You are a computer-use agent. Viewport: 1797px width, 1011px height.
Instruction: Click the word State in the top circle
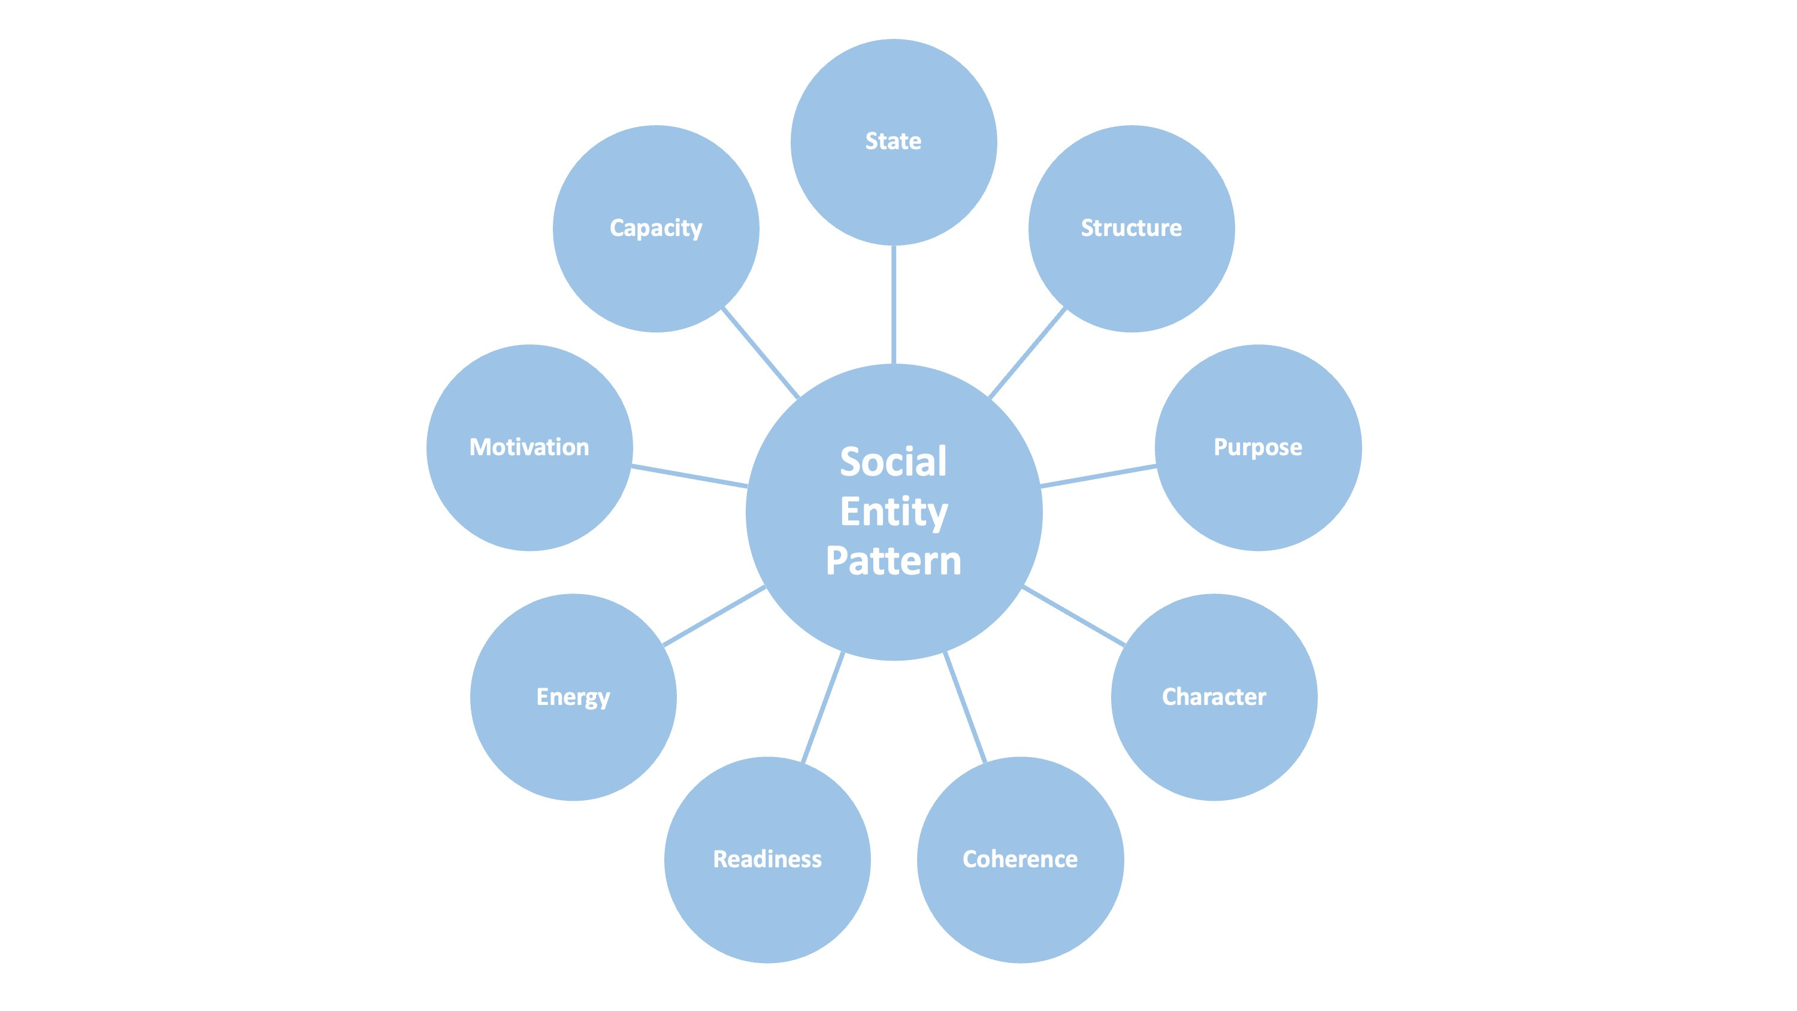893,141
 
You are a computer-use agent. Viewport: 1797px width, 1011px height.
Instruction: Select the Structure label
1131,228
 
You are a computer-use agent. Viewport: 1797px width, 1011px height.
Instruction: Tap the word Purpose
1257,447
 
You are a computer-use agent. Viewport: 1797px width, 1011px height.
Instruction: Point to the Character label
1214,697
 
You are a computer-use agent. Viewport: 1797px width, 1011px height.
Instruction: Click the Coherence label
1020,859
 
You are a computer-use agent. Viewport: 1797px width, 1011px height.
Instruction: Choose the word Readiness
767,859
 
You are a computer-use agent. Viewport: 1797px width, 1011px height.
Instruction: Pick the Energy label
573,697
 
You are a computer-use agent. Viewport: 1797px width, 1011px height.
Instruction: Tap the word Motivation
529,447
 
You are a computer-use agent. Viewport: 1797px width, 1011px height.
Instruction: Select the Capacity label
656,228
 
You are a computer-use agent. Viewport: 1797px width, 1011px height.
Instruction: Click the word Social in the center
893,462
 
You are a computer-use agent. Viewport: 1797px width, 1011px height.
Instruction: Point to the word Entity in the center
893,511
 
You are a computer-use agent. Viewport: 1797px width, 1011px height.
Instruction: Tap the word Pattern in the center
893,561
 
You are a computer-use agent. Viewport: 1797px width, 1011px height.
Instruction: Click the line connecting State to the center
893,304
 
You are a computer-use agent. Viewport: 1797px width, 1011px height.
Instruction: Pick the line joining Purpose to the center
1098,476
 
